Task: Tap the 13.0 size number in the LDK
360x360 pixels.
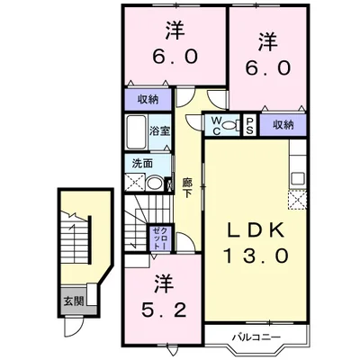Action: (x=255, y=256)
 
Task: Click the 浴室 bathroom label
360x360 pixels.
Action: (x=159, y=131)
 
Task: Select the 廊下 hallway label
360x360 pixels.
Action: (x=187, y=188)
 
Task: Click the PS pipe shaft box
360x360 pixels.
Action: (x=248, y=125)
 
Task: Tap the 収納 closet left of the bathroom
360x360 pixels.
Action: (x=148, y=100)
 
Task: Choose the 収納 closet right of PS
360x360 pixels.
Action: (x=282, y=125)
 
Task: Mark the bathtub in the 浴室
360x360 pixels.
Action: (x=138, y=138)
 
